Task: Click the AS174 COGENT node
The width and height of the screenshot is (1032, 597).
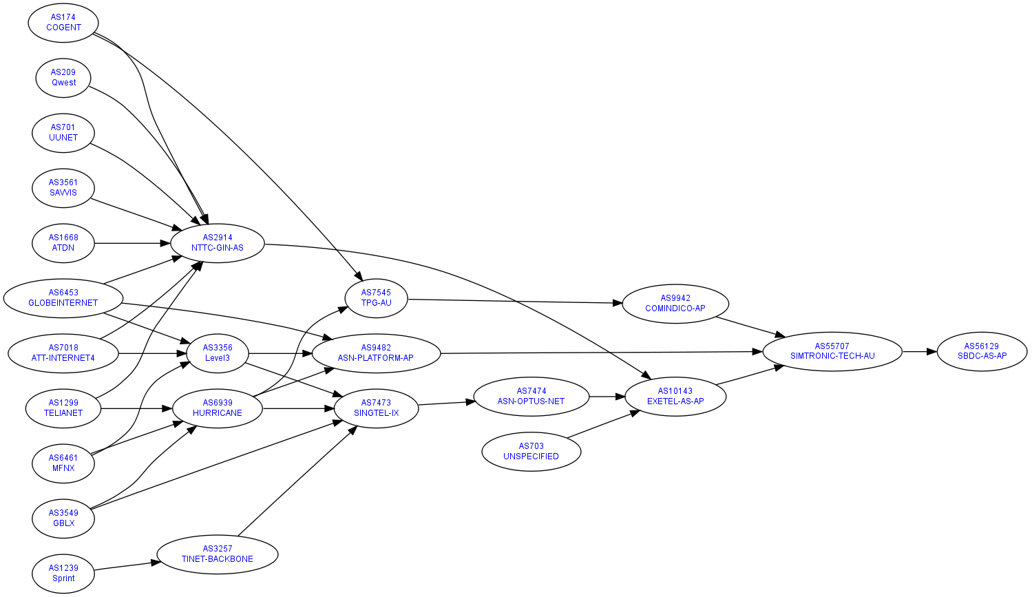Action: [x=63, y=22]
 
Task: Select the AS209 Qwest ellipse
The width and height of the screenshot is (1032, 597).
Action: [x=63, y=77]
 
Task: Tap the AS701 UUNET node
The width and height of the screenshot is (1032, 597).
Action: [x=63, y=132]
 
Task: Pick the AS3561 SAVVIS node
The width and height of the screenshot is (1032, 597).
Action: [x=63, y=187]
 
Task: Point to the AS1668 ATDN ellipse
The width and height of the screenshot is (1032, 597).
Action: [x=63, y=242]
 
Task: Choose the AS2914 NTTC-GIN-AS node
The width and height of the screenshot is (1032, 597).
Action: [x=218, y=242]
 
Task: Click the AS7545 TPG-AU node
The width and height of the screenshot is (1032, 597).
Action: [x=376, y=297]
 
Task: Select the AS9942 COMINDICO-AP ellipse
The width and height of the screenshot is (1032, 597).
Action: [x=675, y=303]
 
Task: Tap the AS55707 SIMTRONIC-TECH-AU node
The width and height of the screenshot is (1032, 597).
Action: [x=832, y=351]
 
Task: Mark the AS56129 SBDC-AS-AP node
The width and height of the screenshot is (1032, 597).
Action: [x=982, y=351]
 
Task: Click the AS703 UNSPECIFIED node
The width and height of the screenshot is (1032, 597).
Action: [x=531, y=451]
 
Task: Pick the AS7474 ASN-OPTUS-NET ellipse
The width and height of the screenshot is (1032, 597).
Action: [x=531, y=396]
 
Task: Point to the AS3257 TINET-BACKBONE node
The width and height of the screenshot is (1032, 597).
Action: [x=218, y=554]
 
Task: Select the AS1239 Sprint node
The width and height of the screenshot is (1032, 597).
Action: [x=63, y=573]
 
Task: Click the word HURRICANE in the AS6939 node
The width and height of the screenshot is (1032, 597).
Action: [x=218, y=413]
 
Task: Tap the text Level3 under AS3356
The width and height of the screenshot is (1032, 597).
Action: [x=218, y=358]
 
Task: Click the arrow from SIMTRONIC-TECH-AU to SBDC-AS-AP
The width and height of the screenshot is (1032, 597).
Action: [x=920, y=351]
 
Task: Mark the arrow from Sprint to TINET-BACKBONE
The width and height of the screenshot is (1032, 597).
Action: [x=124, y=566]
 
